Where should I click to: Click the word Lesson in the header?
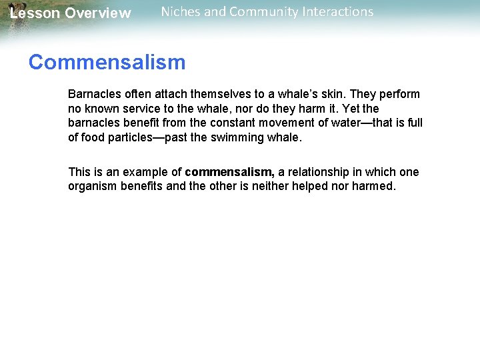[x=34, y=13]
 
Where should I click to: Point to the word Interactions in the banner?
[x=335, y=12]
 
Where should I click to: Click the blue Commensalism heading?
[x=107, y=63]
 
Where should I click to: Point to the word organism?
[x=93, y=186]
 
